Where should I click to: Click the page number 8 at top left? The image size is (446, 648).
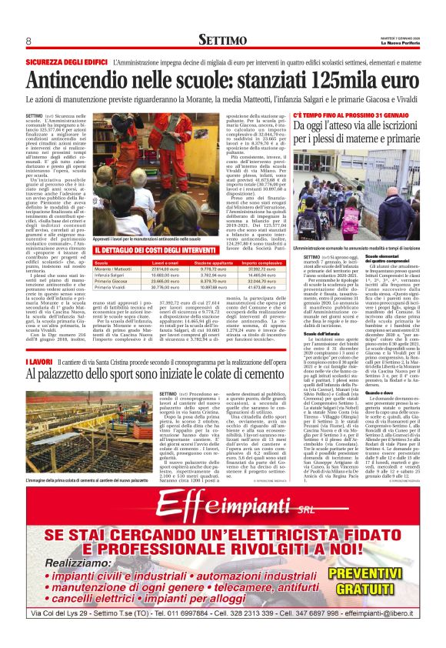tap(28, 40)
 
